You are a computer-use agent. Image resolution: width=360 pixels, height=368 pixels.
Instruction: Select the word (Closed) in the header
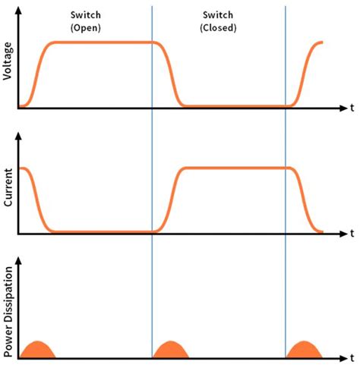pos(219,28)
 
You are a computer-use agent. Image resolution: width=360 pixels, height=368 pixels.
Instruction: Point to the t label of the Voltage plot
pos(352,109)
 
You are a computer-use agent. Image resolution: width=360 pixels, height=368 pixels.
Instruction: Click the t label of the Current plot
pos(352,231)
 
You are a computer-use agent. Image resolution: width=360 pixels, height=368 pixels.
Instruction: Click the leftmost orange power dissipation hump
pos(38,351)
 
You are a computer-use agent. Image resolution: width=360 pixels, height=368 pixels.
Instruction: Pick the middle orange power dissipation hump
pos(171,351)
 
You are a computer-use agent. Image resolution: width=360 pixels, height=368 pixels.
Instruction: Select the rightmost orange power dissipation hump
pos(304,351)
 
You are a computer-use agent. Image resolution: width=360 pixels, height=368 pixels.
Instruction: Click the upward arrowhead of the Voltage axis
pos(19,8)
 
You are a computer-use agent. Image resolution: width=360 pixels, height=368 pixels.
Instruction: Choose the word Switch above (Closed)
pos(219,15)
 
